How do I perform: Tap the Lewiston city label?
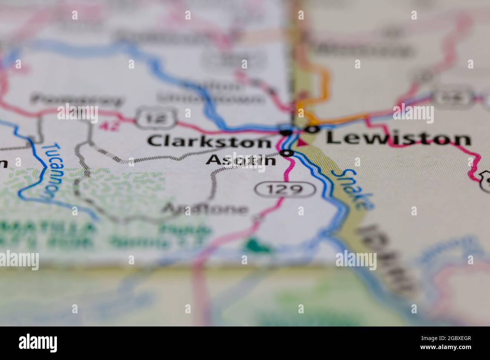click(398, 139)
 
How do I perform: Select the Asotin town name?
click(241, 160)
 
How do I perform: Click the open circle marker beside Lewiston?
click(312, 130)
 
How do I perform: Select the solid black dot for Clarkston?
click(286, 132)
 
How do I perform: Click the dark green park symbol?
click(257, 246)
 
